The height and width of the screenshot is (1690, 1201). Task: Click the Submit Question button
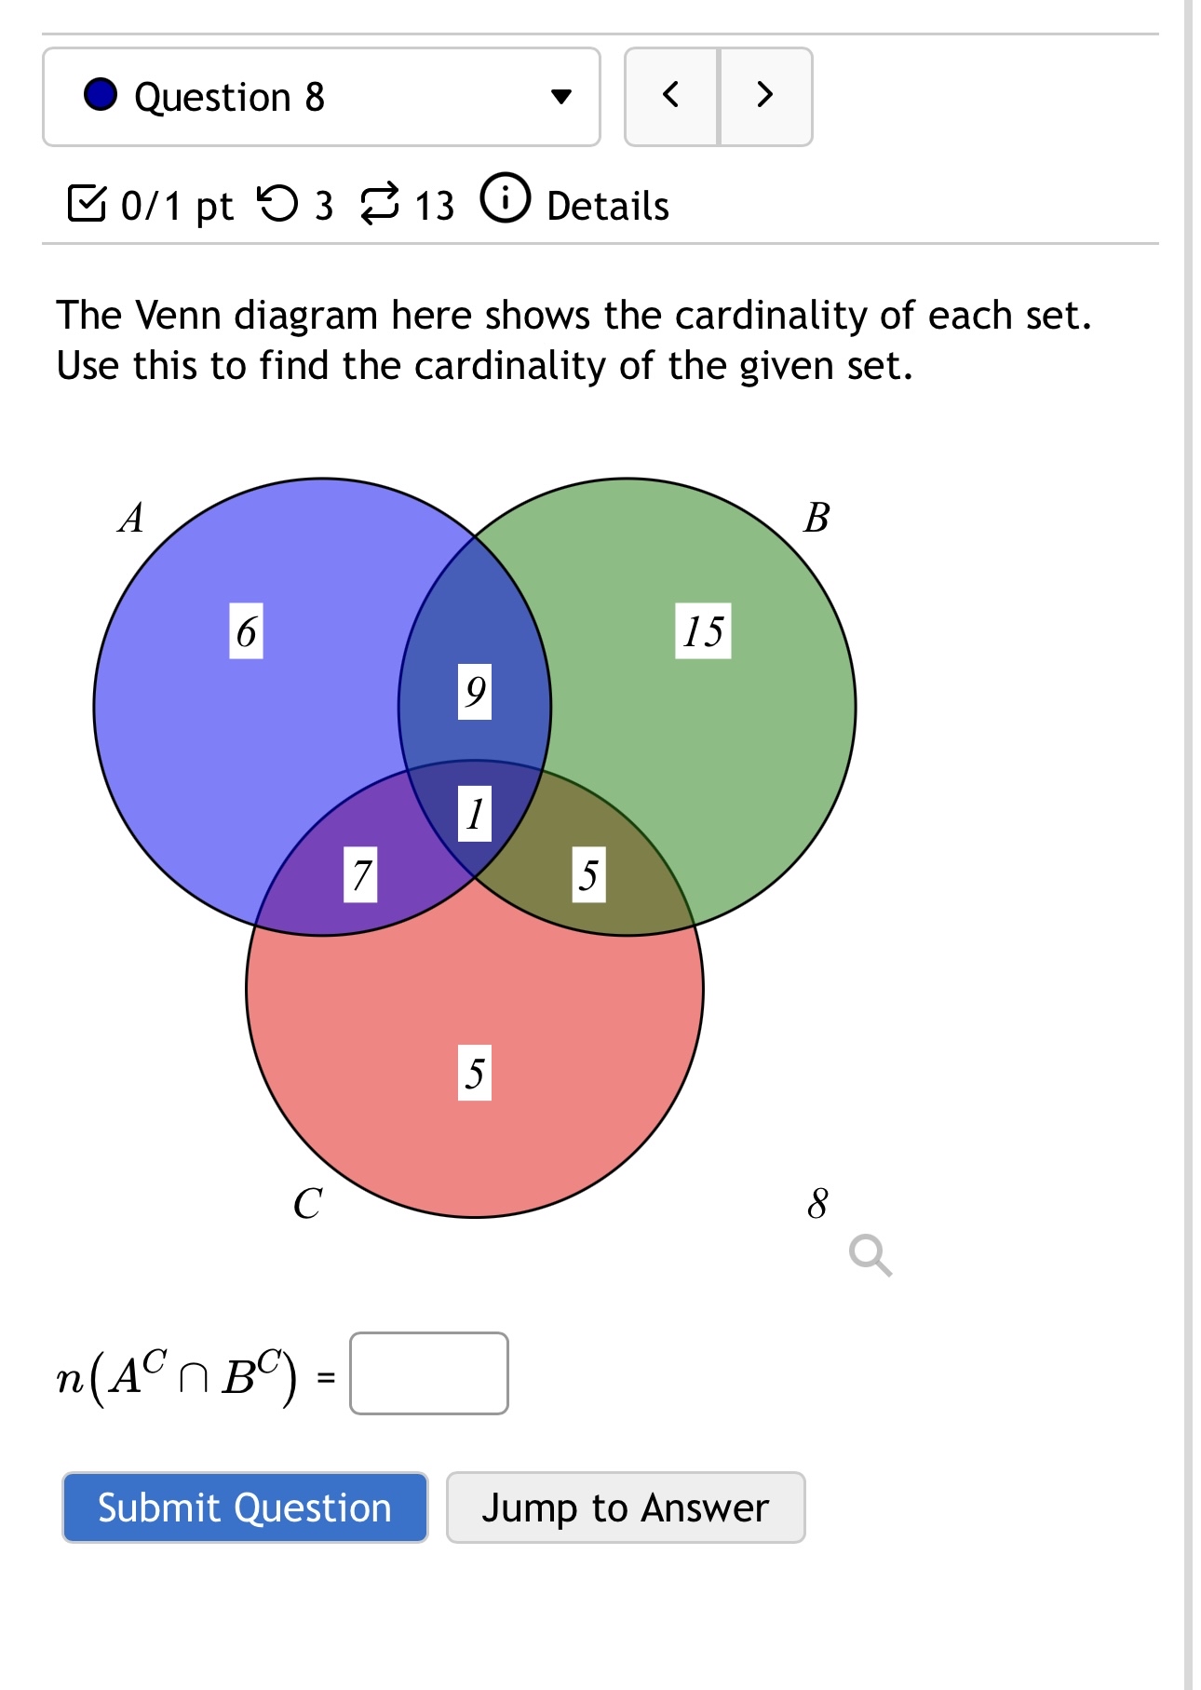(x=245, y=1507)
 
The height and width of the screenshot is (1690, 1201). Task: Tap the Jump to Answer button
(x=625, y=1507)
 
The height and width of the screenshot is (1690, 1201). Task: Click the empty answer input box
(x=428, y=1373)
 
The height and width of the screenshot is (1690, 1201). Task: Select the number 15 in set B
(x=703, y=631)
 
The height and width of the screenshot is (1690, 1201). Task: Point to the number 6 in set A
(x=246, y=631)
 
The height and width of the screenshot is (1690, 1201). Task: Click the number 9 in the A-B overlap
(x=475, y=691)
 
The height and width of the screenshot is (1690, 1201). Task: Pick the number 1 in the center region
(x=475, y=813)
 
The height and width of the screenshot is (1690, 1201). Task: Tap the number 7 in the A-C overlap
(x=360, y=874)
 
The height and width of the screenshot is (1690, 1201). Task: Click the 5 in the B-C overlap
(x=588, y=874)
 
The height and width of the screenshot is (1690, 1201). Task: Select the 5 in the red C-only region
(x=475, y=1073)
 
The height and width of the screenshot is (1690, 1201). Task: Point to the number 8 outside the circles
(x=817, y=1203)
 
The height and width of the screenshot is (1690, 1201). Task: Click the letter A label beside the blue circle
(x=131, y=518)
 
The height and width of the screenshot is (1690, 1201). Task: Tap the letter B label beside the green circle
(x=816, y=518)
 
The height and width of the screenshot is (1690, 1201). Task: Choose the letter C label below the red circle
(x=307, y=1203)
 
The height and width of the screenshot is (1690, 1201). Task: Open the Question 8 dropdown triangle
(x=560, y=96)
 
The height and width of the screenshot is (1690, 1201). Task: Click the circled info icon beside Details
(x=505, y=198)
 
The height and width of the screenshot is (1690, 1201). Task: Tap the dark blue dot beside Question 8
(x=101, y=95)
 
